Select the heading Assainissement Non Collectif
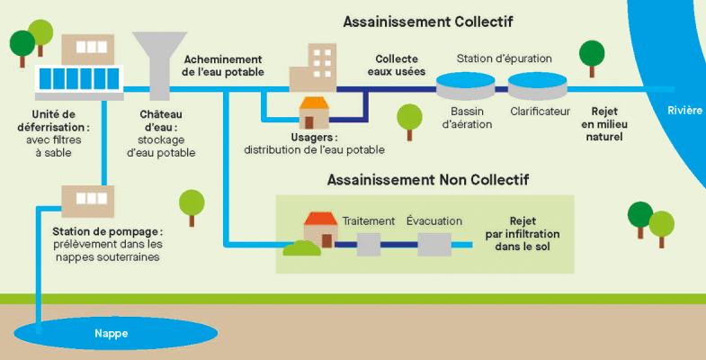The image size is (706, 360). [x=427, y=180]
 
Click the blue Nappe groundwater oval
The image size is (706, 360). [x=112, y=335]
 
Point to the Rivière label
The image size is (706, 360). [x=684, y=111]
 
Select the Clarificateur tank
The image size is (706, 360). [x=538, y=86]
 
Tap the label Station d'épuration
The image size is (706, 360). [x=504, y=59]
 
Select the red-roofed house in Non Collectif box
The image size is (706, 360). [x=319, y=229]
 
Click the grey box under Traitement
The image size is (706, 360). [x=370, y=243]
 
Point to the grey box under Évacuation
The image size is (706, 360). [x=434, y=243]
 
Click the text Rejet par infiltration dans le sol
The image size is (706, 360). [x=522, y=233]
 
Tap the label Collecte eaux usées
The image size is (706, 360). [x=397, y=65]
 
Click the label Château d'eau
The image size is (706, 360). [x=162, y=121]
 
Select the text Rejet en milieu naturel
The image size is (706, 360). [x=602, y=124]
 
